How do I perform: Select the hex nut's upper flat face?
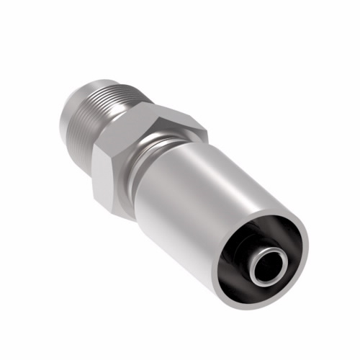173,120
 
